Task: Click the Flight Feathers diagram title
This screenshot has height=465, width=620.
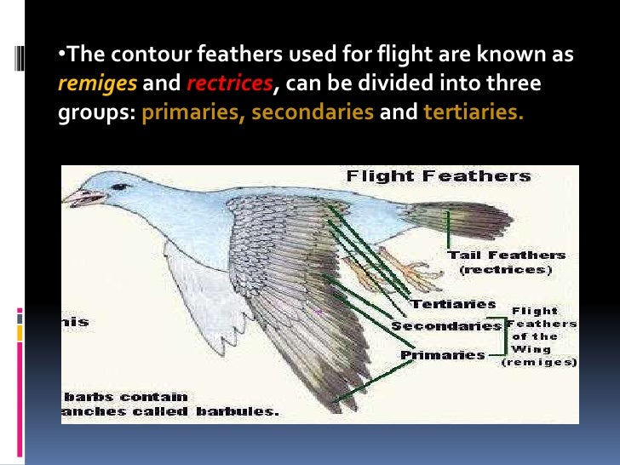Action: point(438,177)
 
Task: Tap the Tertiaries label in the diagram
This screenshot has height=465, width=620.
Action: point(453,304)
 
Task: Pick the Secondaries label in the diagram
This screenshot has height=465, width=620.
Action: point(446,326)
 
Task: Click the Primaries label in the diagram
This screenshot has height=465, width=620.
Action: point(443,355)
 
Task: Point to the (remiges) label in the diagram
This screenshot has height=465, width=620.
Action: point(539,362)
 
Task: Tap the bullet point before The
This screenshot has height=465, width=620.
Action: point(62,55)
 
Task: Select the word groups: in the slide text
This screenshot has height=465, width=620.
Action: point(96,112)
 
